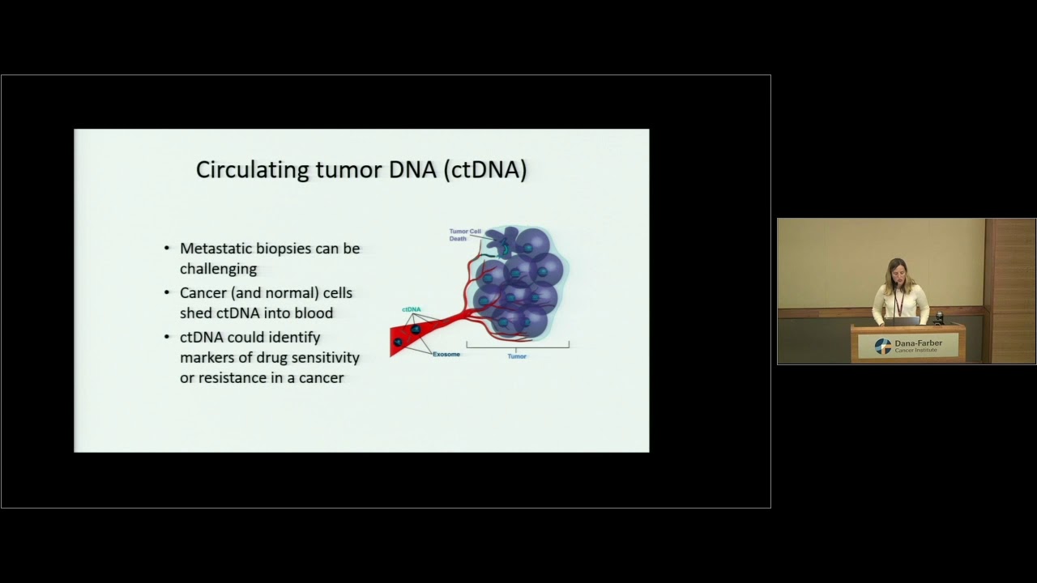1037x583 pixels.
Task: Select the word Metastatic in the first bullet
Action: click(x=215, y=249)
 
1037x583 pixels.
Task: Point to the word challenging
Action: click(x=218, y=269)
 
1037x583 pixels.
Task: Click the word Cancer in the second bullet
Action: click(x=203, y=293)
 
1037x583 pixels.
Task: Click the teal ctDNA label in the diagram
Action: click(x=412, y=310)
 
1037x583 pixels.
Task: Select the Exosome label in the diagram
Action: click(x=446, y=355)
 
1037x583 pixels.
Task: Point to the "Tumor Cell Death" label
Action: click(x=464, y=235)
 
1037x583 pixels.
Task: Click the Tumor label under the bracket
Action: click(x=517, y=356)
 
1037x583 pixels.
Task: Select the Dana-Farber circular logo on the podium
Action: click(x=883, y=347)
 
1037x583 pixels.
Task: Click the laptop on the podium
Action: click(x=906, y=321)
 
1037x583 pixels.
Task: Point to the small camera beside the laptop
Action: click(x=938, y=317)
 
